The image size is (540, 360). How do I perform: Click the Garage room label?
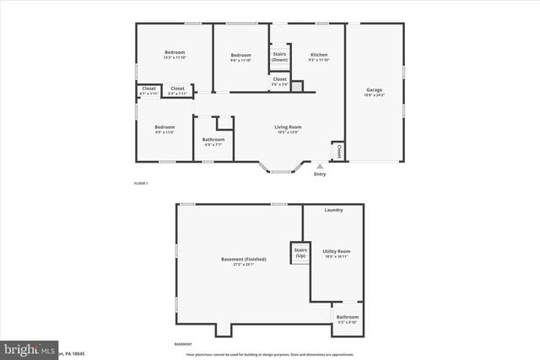pos(375,90)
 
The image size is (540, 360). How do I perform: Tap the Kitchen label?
pos(318,54)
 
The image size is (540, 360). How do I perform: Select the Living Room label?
pos(288,127)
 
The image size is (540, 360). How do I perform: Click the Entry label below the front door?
pos(320,175)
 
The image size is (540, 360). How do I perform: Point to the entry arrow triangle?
pos(320,167)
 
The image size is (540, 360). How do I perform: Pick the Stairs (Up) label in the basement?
pos(300,252)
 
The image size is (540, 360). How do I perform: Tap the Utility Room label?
pos(337,251)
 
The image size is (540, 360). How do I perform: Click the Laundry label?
pos(334,209)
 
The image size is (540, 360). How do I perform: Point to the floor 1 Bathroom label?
pos(213,139)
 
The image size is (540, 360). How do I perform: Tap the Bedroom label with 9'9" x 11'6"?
pos(165,127)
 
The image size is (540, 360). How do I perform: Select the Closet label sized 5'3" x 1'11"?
pos(178,89)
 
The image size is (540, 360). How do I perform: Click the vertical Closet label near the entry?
pos(339,151)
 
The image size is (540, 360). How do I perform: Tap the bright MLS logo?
pos(29,348)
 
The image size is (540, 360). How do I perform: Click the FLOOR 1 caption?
pos(141,183)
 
